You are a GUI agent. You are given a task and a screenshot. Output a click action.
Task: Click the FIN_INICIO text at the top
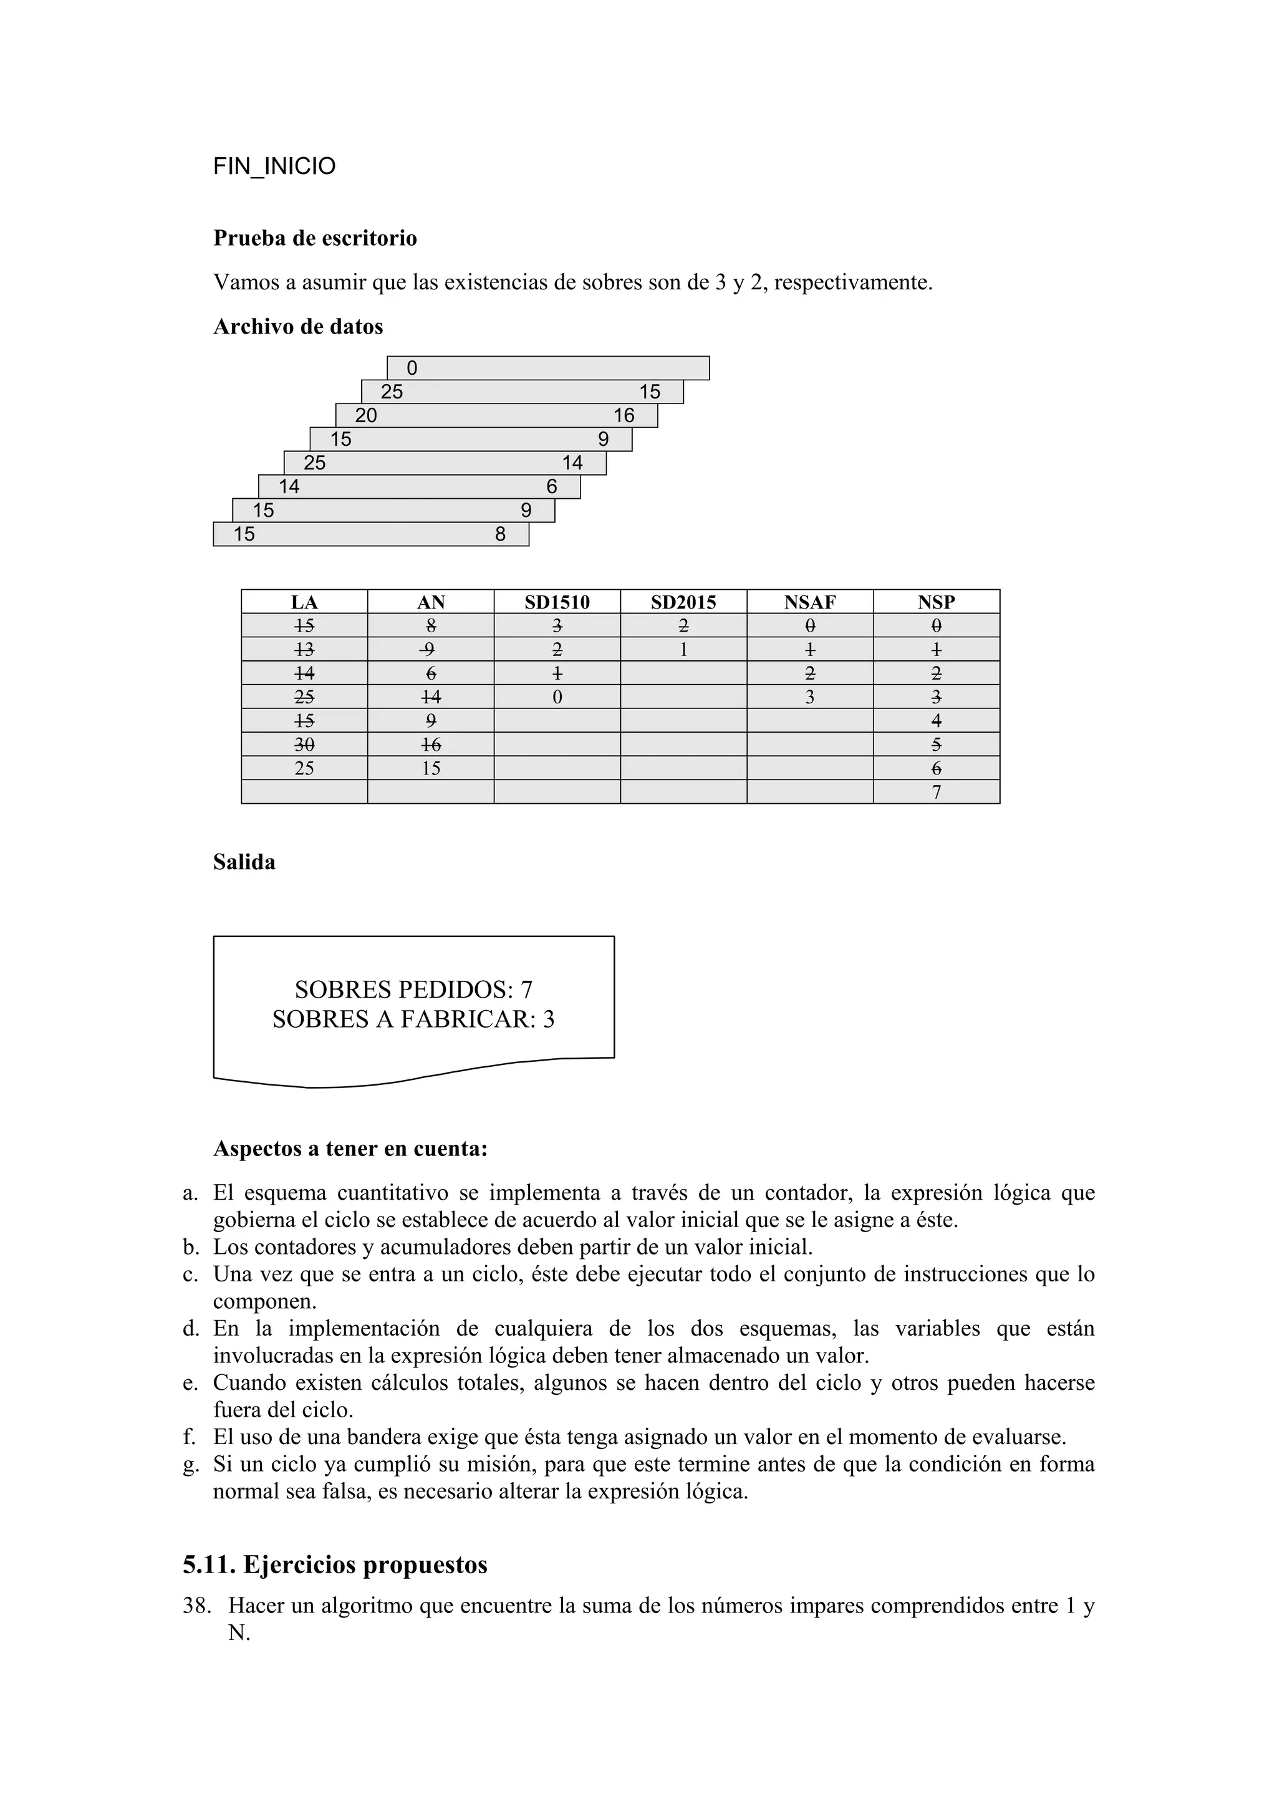[274, 167]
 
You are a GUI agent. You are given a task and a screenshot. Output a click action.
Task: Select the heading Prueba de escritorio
[315, 238]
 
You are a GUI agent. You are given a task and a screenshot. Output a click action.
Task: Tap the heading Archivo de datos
[297, 327]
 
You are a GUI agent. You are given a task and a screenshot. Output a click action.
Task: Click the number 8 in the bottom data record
[501, 534]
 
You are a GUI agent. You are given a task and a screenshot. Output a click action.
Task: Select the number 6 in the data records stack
[552, 487]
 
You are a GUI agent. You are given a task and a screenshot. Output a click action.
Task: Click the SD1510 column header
[556, 602]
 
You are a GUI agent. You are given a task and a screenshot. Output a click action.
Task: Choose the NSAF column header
[809, 602]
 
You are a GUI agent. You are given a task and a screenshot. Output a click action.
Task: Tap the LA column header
[304, 602]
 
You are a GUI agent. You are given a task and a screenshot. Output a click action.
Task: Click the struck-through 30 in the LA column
[304, 744]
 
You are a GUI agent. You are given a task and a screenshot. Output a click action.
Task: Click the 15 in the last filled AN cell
[430, 768]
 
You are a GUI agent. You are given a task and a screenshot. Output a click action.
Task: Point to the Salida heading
[244, 862]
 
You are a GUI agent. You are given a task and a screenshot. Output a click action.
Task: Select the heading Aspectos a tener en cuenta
[350, 1149]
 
